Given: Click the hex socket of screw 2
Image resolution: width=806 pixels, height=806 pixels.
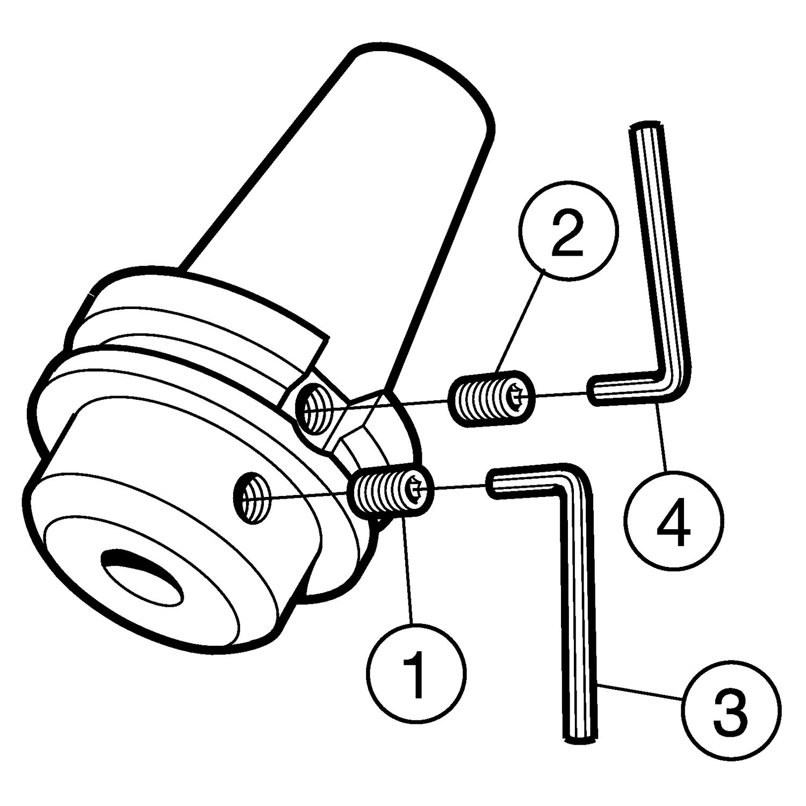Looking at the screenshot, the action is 519,397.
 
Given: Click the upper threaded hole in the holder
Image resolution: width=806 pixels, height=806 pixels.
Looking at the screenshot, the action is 315,412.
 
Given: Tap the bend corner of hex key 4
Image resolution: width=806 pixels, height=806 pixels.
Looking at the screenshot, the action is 675,383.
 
